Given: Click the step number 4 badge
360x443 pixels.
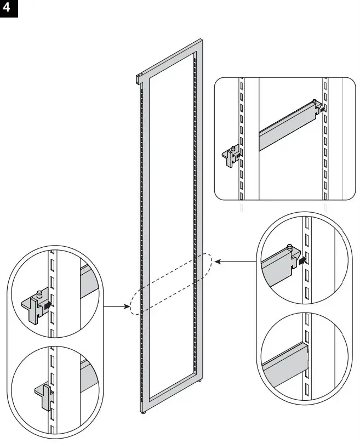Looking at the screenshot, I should (9, 9).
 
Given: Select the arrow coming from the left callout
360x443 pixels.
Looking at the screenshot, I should (117, 306).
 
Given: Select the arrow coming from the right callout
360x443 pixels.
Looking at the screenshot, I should (236, 262).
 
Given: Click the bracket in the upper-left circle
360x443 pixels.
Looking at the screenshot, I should (33, 306).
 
